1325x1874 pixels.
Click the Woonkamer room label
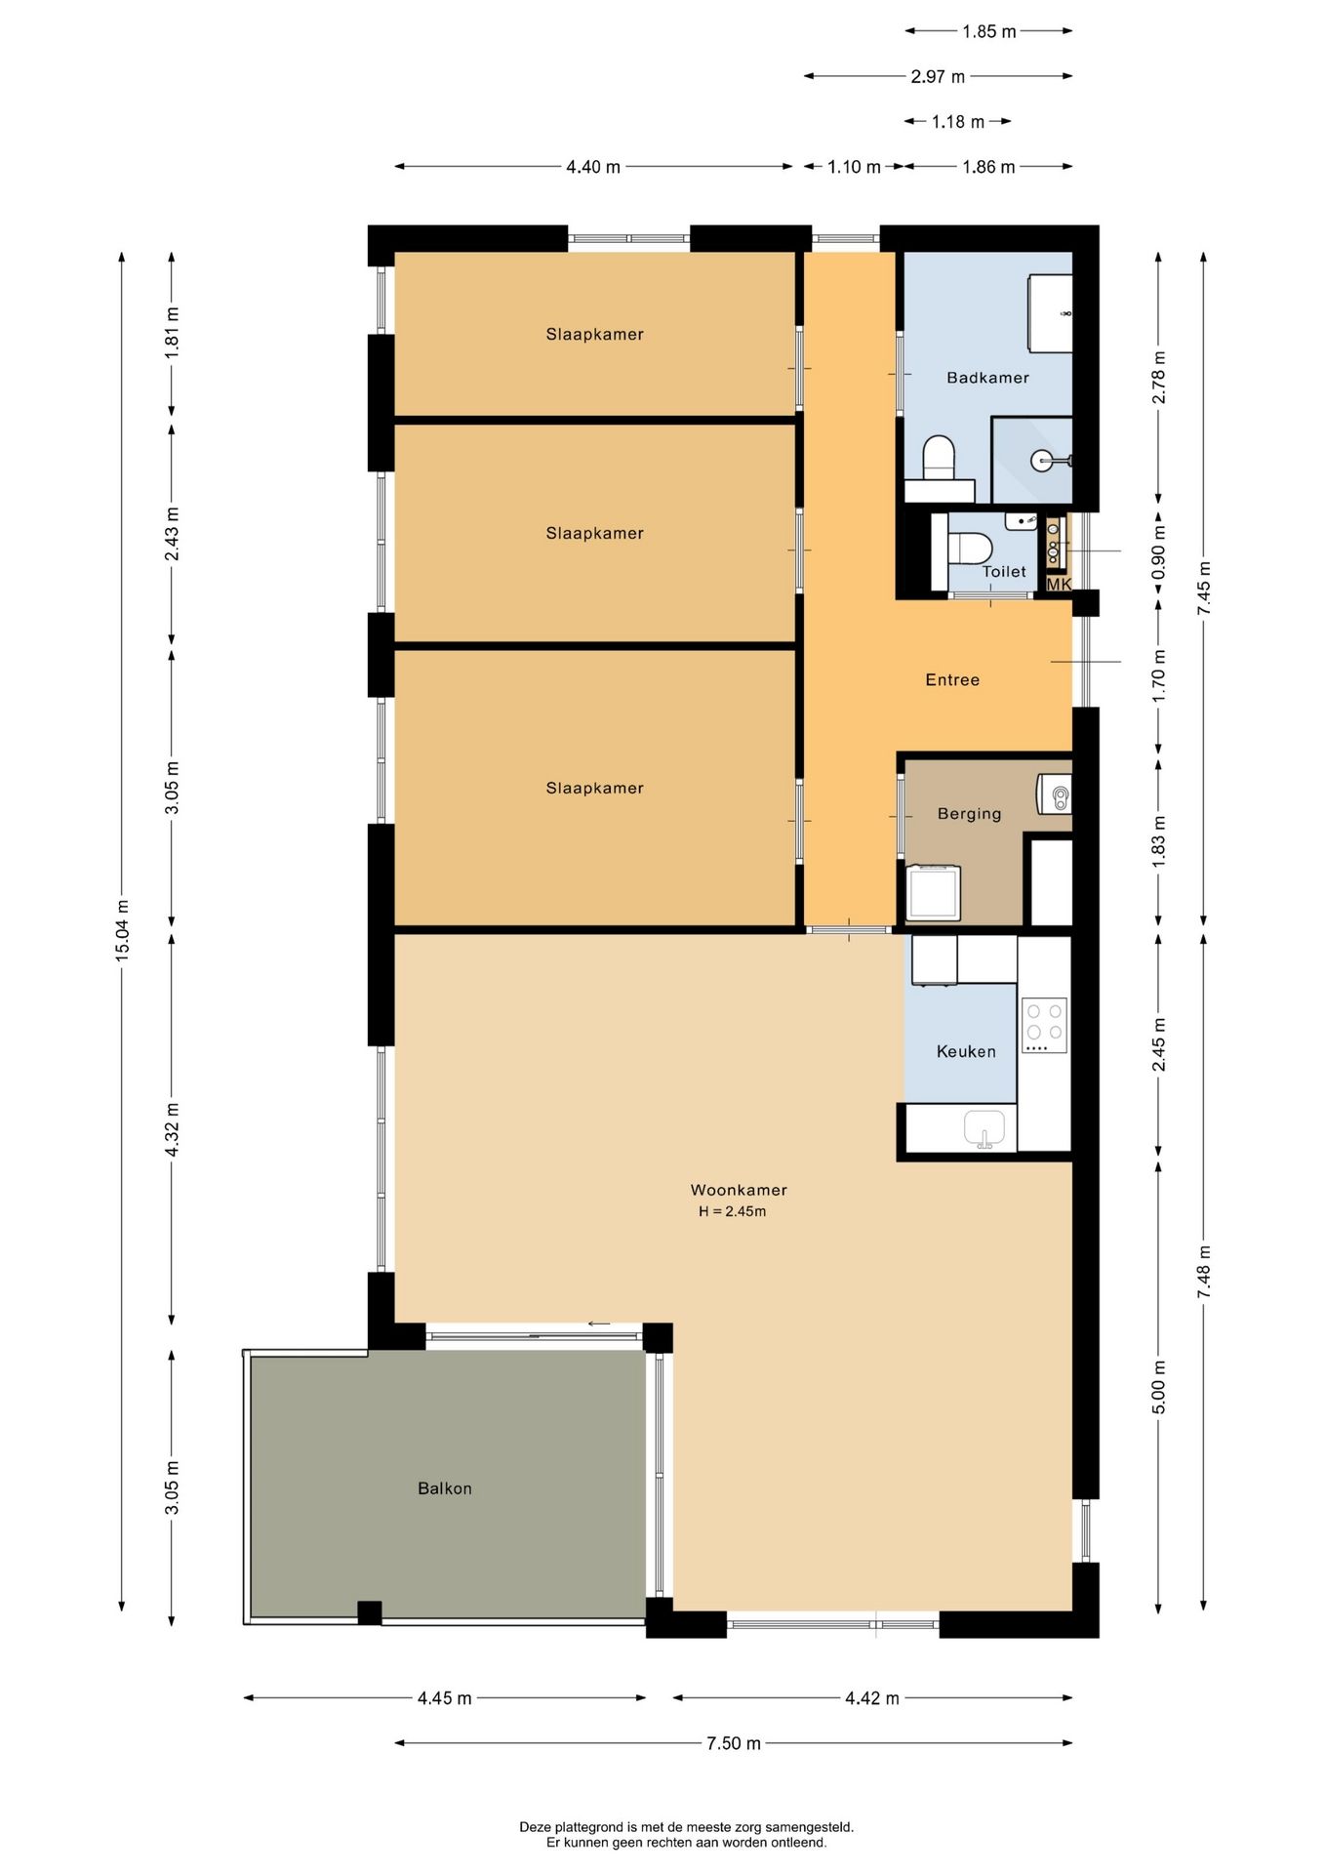coord(738,1190)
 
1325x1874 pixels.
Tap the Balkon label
coord(444,1488)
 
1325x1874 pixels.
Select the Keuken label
coord(965,1051)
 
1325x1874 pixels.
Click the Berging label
coord(968,813)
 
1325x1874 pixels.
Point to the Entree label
coord(951,679)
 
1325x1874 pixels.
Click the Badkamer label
coord(986,378)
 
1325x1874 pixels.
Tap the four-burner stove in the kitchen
coord(1043,1024)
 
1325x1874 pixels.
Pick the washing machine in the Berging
coord(932,892)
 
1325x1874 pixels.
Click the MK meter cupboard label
coord(1058,584)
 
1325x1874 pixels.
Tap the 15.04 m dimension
coord(123,930)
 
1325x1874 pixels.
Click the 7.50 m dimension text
coord(733,1743)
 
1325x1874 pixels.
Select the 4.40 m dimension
coord(592,167)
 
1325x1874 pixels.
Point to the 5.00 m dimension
coord(1158,1386)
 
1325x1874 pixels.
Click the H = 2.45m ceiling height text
coord(732,1211)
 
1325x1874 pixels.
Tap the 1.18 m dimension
coord(957,122)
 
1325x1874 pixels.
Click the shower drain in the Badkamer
coord(1045,460)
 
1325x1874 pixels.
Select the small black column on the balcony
coord(369,1612)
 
